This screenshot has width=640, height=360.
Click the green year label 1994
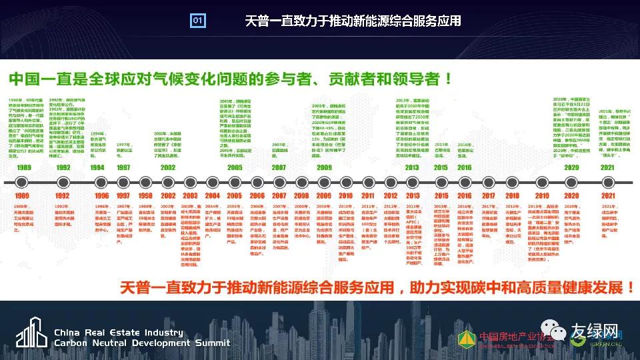tap(97, 167)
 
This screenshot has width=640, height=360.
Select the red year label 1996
tap(101, 196)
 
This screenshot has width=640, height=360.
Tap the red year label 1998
tap(145, 196)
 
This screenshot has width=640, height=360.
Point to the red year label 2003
tap(190, 196)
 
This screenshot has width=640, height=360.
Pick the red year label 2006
tap(257, 196)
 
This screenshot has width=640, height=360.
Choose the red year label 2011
tap(368, 196)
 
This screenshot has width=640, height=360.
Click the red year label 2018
tap(512, 196)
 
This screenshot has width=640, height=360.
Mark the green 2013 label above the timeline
tap(412, 167)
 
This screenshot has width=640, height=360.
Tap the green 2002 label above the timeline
tap(168, 167)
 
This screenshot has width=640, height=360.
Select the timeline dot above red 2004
tap(212, 182)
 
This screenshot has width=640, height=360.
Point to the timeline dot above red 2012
tap(391, 182)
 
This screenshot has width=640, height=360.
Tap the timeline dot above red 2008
tap(301, 182)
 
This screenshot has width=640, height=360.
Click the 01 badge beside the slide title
tap(197, 21)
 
